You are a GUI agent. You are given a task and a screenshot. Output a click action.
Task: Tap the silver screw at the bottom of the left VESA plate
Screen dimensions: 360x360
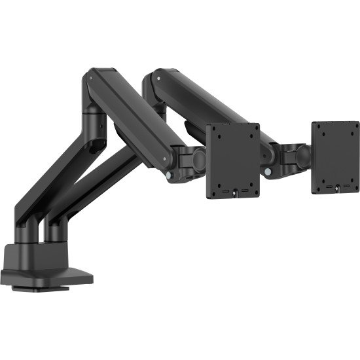point(234,192)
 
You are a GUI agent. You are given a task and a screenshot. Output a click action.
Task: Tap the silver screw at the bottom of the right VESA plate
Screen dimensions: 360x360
point(336,190)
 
